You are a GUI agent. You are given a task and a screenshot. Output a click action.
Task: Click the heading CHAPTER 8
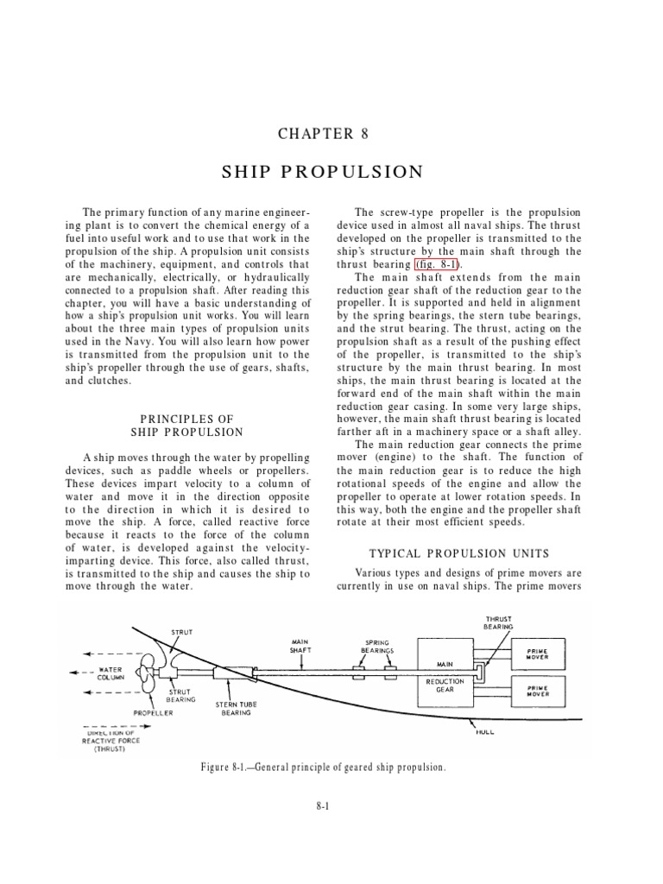pos(315,133)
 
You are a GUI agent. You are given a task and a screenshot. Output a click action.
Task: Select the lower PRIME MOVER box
pos(542,691)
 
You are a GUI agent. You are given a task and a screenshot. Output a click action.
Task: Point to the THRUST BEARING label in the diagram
pos(499,622)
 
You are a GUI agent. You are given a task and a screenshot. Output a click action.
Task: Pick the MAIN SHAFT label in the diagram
pos(300,647)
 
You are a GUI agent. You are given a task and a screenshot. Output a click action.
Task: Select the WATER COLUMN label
pos(113,672)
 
